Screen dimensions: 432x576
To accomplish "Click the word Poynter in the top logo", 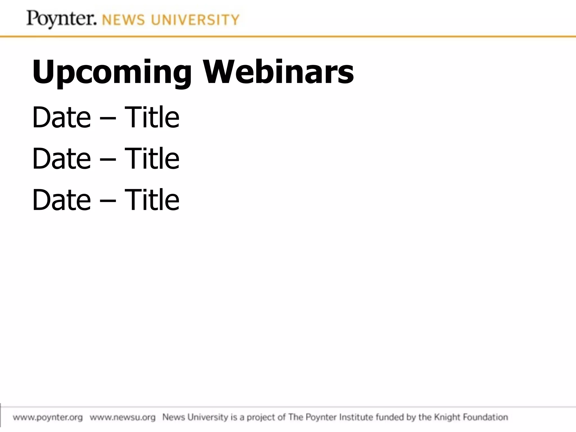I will pos(61,19).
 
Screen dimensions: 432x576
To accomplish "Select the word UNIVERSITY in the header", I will pos(195,20).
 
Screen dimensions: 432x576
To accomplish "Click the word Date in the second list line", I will pos(62,158).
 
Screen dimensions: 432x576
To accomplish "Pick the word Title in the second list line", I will pos(152,158).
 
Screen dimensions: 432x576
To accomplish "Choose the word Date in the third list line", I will pos(62,200).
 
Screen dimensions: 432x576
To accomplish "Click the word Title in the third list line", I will pos(152,200).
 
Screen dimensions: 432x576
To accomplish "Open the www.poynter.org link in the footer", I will pos(48,417).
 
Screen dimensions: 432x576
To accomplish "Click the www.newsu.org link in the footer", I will pos(123,417).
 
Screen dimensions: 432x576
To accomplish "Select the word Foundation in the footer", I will pos(485,417).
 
